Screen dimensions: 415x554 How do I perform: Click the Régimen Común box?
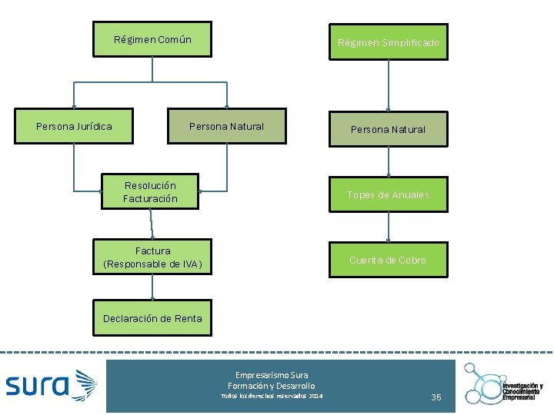point(152,39)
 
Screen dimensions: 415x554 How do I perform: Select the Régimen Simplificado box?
point(389,42)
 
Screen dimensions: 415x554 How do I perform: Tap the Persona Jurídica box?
point(74,126)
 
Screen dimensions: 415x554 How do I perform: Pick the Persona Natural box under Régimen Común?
point(226,126)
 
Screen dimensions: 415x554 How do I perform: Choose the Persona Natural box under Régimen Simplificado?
point(388,129)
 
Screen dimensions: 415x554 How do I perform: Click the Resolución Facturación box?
point(150,191)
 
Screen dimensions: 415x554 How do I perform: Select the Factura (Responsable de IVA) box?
point(152,257)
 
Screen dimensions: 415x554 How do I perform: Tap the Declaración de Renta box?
point(152,318)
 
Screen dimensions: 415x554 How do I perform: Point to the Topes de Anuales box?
point(388,194)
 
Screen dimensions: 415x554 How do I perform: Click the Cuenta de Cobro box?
point(388,260)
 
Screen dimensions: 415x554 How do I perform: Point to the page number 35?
point(436,397)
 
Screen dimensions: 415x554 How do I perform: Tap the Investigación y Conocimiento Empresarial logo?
point(504,382)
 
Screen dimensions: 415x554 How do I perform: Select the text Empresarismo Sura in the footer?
point(272,375)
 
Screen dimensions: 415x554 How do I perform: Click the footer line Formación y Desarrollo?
point(272,385)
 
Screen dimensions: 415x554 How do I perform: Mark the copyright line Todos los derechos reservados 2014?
point(272,395)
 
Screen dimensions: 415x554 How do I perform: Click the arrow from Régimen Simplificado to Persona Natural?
point(389,85)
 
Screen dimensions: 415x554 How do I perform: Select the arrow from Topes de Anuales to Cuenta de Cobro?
point(389,227)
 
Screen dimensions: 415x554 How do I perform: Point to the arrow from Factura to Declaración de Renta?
point(152,287)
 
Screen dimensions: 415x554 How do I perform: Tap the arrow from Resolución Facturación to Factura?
point(152,224)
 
